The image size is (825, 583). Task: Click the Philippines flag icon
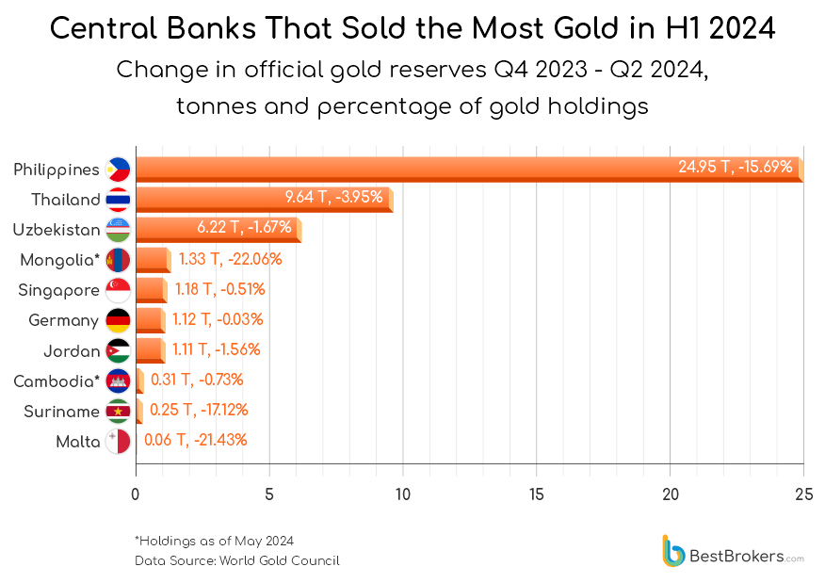pos(119,170)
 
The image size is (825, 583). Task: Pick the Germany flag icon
pos(119,320)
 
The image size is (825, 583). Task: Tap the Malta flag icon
pos(119,441)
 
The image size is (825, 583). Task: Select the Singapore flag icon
pos(119,290)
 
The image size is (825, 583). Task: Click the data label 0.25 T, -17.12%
pos(199,410)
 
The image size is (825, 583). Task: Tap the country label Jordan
pos(72,350)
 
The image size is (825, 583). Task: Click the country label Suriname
pos(63,411)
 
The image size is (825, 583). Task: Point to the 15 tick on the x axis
pos(537,494)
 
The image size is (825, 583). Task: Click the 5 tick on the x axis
pos(269,494)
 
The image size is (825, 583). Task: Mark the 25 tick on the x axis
pos(803,494)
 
